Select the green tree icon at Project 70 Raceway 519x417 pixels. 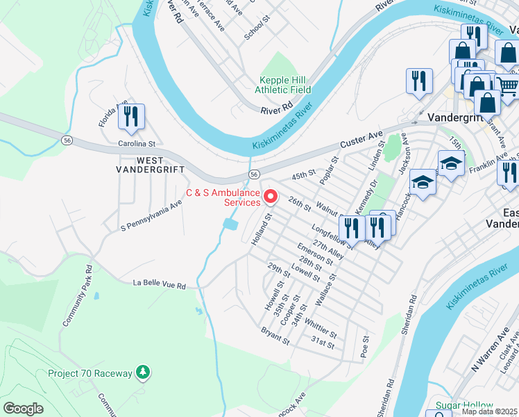pyautogui.click(x=143, y=373)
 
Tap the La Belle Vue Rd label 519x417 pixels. pyautogui.click(x=160, y=285)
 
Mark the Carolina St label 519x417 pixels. pyautogui.click(x=136, y=143)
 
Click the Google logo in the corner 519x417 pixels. pyautogui.click(x=23, y=409)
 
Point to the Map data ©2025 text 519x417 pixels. pyautogui.click(x=490, y=411)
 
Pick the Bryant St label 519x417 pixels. pyautogui.click(x=275, y=336)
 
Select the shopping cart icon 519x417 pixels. pyautogui.click(x=509, y=85)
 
